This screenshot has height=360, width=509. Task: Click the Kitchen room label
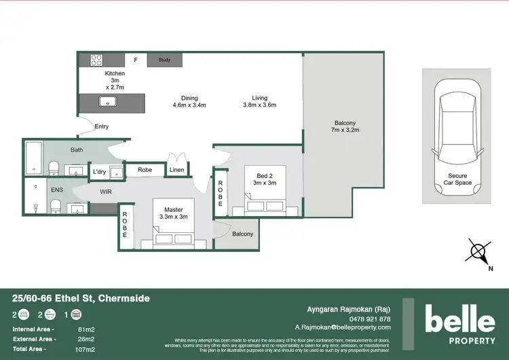pos(114,73)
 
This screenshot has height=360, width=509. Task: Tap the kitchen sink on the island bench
pos(108,102)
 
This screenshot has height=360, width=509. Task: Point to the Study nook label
pos(164,60)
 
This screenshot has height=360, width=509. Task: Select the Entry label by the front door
pos(101,126)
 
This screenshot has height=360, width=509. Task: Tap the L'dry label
pos(100,171)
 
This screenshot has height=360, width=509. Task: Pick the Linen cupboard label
pos(177,170)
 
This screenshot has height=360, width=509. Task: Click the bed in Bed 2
pos(262,202)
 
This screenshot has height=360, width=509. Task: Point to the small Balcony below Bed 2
pos(242,234)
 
